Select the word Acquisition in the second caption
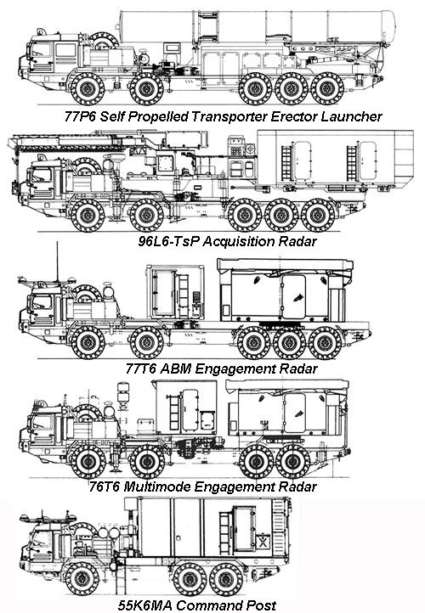pos(236,241)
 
